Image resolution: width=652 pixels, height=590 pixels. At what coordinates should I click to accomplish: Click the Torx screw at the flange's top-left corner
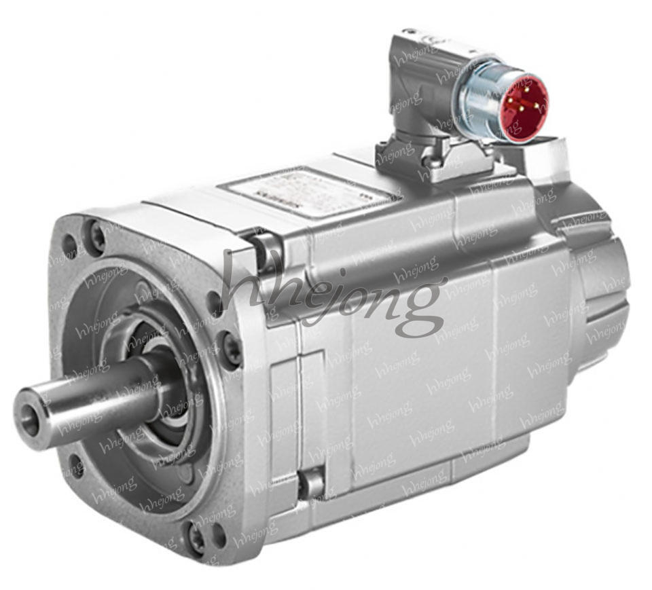(97, 237)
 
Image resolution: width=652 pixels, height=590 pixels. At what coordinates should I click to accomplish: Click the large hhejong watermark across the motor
(333, 289)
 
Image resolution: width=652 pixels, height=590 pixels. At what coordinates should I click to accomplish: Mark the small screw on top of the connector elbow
(410, 32)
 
